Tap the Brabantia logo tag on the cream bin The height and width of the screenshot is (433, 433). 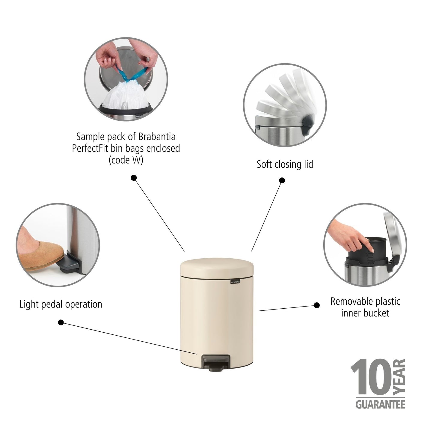[235, 281]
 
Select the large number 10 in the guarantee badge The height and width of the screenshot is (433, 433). [371, 377]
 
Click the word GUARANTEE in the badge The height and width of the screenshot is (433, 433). [380, 405]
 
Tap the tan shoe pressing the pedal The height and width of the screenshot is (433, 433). [39, 253]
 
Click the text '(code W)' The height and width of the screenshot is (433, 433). [126, 160]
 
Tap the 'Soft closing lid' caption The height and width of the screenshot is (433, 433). [285, 165]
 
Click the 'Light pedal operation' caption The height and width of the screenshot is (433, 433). [61, 304]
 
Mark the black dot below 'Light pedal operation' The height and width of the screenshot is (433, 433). [61, 322]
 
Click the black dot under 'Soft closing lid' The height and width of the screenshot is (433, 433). [282, 180]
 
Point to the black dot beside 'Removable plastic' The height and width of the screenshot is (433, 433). [316, 305]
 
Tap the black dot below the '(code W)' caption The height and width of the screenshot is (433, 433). [134, 178]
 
